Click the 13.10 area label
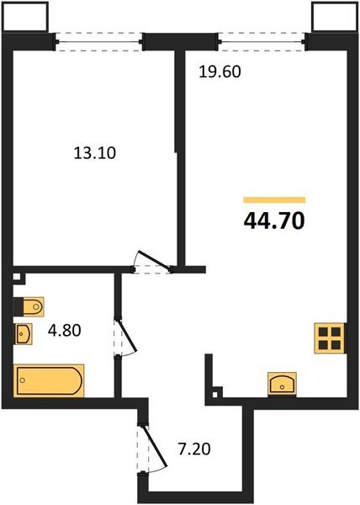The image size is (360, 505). coord(94,153)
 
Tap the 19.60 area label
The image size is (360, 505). coord(220,72)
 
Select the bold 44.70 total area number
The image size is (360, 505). coord(274,221)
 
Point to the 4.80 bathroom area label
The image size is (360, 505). coord(64,330)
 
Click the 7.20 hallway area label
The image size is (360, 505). coord(194,449)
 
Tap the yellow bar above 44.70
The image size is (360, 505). coord(274,200)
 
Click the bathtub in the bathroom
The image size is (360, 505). coord(49,380)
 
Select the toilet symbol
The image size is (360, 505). coord(29,306)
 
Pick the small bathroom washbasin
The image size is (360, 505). coord(24,334)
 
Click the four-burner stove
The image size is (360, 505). coord(330,338)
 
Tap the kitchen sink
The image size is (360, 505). coord(282,384)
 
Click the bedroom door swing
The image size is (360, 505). coord(153,260)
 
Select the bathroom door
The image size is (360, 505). coord(126,338)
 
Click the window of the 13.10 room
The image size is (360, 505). coord(99,41)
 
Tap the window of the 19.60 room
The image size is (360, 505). coord(262,41)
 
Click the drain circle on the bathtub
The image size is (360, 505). coord(22,380)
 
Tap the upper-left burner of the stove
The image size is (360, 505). coord(323,332)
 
